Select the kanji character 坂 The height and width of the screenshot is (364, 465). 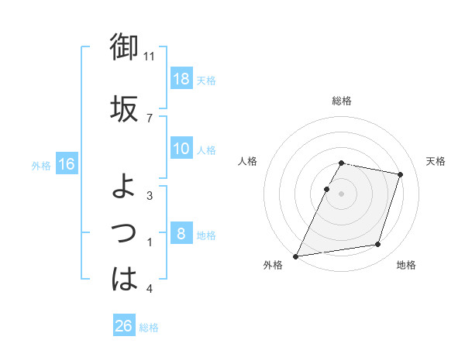[x=124, y=108]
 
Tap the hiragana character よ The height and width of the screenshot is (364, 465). [x=124, y=186]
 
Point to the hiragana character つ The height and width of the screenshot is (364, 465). [x=124, y=232]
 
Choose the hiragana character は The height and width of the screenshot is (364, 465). [x=124, y=279]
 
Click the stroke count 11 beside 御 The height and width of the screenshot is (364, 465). [x=150, y=57]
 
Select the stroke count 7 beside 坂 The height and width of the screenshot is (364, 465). [x=149, y=118]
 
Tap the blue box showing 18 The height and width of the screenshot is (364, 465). [x=181, y=79]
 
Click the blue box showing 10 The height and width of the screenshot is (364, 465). [x=181, y=149]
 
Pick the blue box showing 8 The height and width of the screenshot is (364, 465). [x=181, y=234]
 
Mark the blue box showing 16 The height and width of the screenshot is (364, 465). [x=66, y=164]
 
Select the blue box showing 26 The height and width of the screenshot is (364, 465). [x=124, y=326]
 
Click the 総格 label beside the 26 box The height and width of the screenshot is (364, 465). [x=149, y=328]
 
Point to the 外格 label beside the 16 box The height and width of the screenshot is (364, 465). [x=41, y=165]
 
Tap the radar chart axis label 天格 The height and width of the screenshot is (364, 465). [x=436, y=161]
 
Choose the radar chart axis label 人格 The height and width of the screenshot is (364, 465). [x=247, y=161]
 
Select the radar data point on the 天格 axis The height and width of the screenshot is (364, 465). [x=401, y=174]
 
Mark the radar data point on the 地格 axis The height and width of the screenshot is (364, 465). [x=378, y=245]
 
